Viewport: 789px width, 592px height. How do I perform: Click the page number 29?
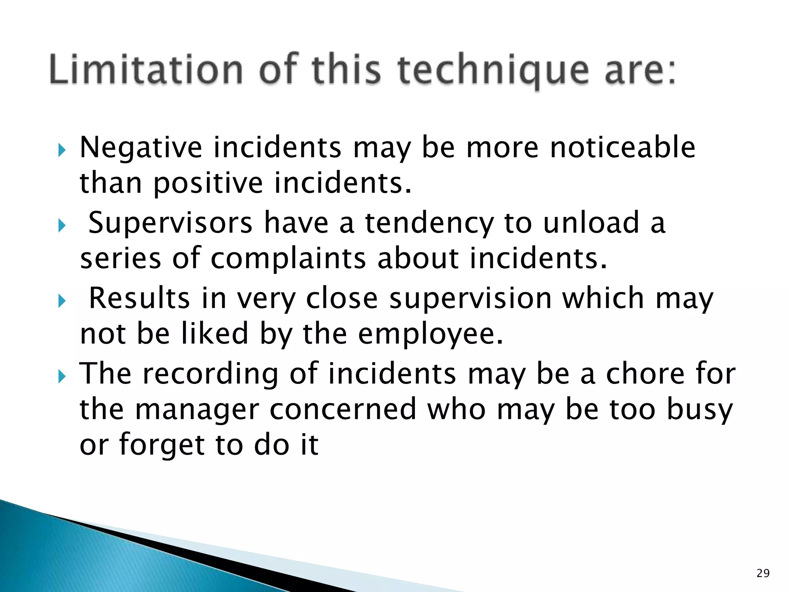click(763, 573)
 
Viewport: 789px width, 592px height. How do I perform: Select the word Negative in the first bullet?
click(141, 148)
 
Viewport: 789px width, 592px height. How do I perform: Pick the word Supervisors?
click(170, 223)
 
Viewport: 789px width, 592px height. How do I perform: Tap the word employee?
click(430, 335)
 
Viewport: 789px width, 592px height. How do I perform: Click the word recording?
click(210, 375)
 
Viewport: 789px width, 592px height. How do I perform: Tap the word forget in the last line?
click(161, 445)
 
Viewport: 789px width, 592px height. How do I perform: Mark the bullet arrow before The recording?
click(62, 377)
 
